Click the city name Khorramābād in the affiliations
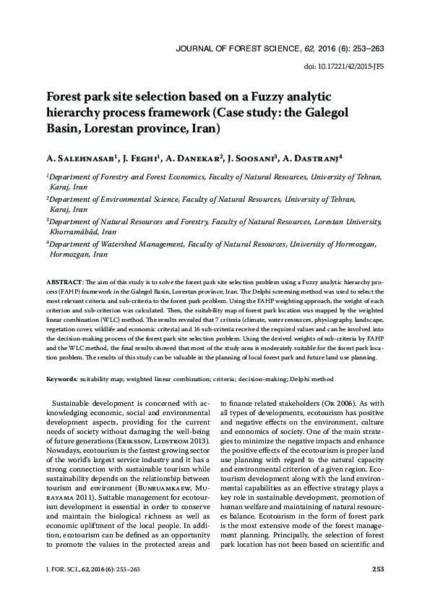72,231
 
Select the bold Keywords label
62,378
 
